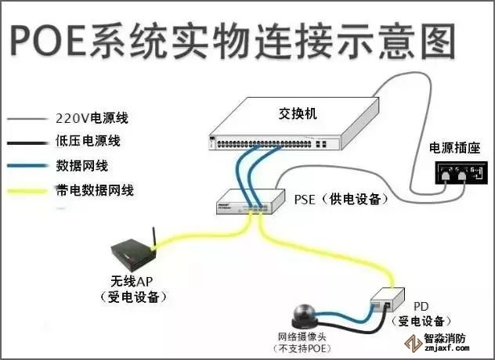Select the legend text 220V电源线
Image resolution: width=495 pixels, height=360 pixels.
click(92, 119)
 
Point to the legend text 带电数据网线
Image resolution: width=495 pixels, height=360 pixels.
click(92, 189)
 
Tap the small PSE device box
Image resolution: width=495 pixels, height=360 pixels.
click(247, 202)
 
